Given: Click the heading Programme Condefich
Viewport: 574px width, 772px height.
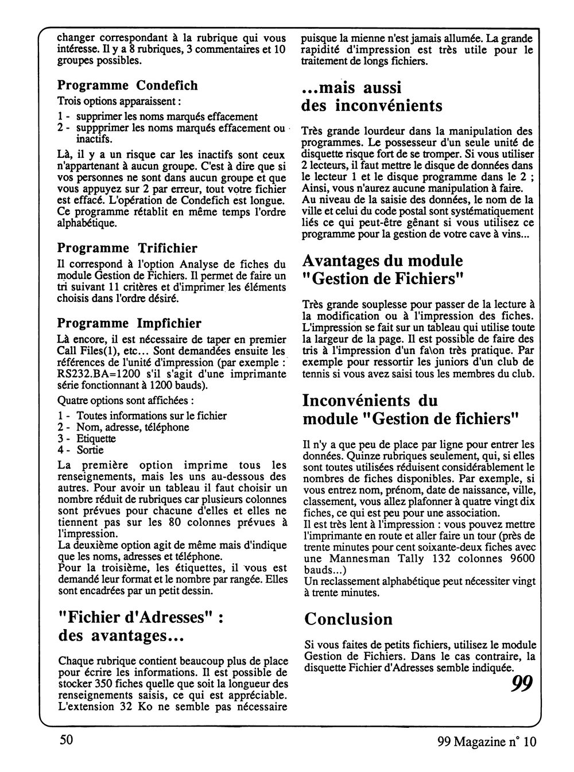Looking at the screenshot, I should tap(127, 86).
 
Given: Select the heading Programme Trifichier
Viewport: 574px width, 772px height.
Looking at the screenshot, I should tap(127, 249).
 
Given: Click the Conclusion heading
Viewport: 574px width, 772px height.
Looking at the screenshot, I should tap(348, 619).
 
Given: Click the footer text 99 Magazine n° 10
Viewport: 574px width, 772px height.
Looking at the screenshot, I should tap(486, 742).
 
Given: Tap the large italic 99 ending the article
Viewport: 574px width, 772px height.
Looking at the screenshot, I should tap(522, 684).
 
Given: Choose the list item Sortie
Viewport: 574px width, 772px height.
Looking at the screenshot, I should tap(90, 450).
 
